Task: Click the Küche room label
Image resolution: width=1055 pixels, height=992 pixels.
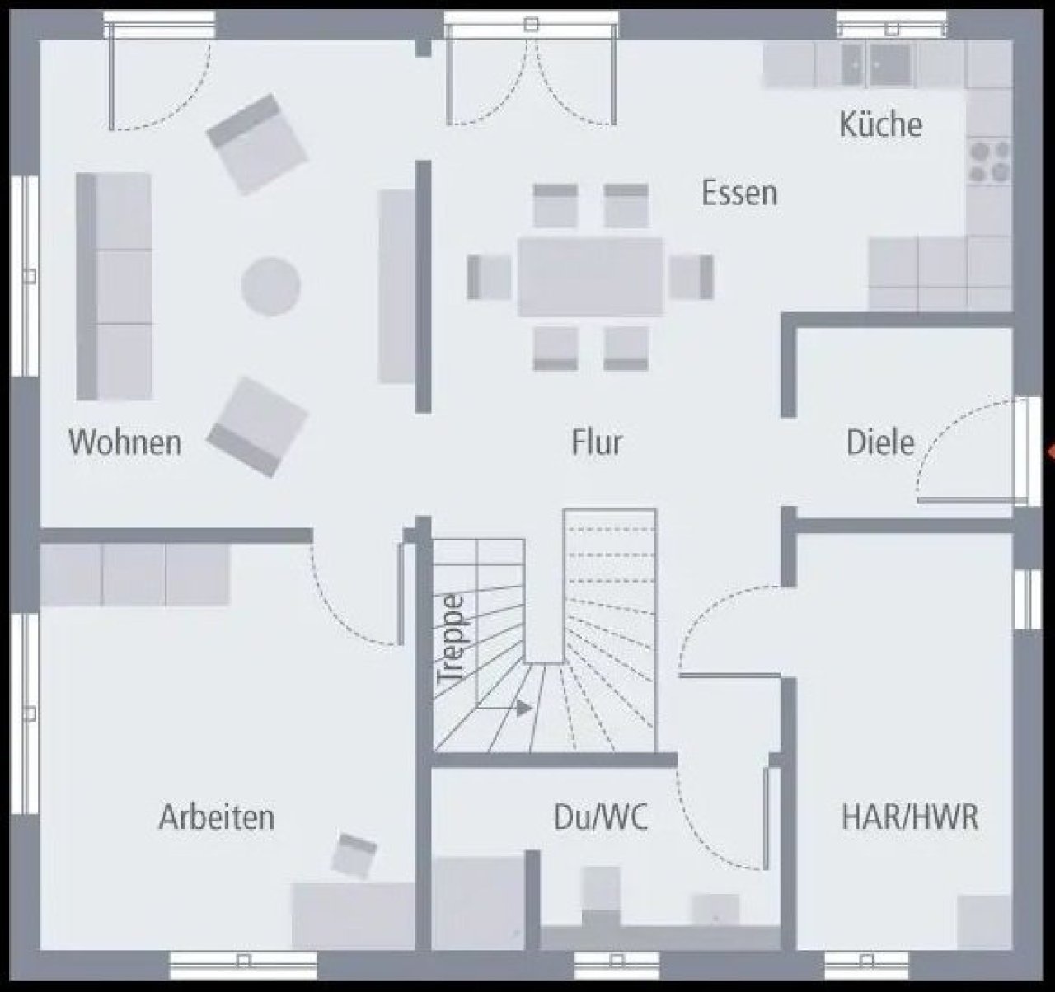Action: pos(880,124)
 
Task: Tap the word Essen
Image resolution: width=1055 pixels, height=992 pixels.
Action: pos(739,193)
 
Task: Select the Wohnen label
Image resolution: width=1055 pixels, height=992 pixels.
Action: pos(125,442)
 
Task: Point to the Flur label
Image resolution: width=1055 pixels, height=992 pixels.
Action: pos(597,442)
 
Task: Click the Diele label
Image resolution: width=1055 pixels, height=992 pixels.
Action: pos(880,442)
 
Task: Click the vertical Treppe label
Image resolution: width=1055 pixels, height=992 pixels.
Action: pos(450,639)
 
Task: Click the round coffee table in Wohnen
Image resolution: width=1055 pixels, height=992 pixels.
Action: pos(271,286)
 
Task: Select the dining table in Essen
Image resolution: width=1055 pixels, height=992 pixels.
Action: pos(591,277)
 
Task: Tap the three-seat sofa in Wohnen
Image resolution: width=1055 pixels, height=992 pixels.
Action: pos(114,286)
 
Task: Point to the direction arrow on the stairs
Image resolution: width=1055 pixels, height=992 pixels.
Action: pos(523,708)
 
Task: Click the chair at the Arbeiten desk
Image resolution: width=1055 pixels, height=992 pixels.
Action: pos(354,855)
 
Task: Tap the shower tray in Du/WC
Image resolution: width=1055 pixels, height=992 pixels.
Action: pos(478,902)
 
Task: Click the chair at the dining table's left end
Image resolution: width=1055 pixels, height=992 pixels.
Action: pos(489,277)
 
